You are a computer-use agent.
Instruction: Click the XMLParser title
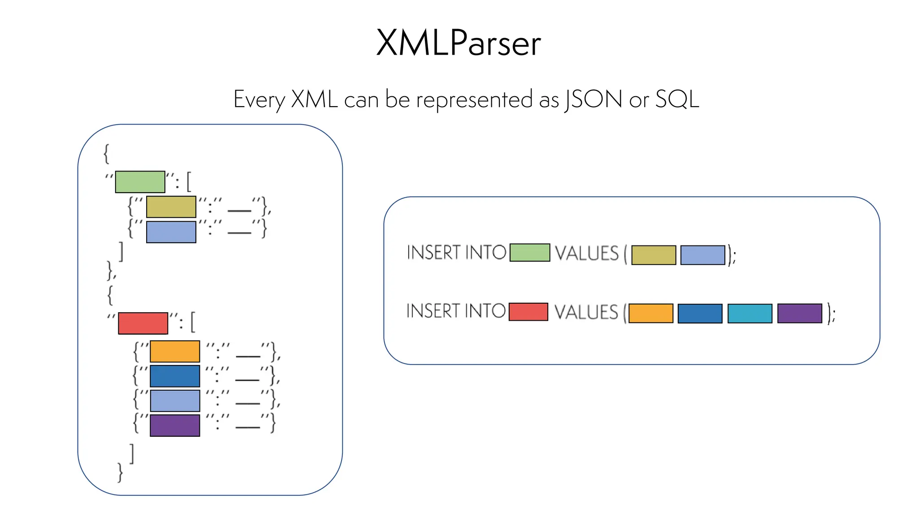(x=459, y=43)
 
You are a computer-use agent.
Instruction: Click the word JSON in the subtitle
(x=593, y=99)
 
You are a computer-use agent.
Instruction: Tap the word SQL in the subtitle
(x=677, y=99)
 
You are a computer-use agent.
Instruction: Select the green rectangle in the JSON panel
(x=140, y=182)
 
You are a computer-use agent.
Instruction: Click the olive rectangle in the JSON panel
(x=171, y=207)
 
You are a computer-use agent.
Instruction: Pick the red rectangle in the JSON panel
(x=143, y=323)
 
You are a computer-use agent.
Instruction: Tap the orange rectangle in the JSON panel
(x=175, y=352)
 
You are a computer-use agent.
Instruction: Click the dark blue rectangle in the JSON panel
(x=175, y=376)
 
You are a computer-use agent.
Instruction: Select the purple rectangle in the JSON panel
(x=175, y=426)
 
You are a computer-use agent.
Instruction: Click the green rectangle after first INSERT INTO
(x=530, y=253)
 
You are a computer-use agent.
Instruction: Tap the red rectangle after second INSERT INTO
(x=528, y=312)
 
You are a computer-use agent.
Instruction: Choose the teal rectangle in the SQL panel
(x=750, y=314)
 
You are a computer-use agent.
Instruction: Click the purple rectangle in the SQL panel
(x=800, y=314)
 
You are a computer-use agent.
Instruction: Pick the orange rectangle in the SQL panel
(x=651, y=314)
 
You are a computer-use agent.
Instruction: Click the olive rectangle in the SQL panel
(x=654, y=255)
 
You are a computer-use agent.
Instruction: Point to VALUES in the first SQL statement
(x=587, y=254)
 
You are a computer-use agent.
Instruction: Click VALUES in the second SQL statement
(x=586, y=312)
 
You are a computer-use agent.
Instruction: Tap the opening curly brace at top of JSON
(x=106, y=154)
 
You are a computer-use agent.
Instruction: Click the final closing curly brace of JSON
(x=120, y=472)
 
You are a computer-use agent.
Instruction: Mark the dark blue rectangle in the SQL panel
(x=700, y=314)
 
